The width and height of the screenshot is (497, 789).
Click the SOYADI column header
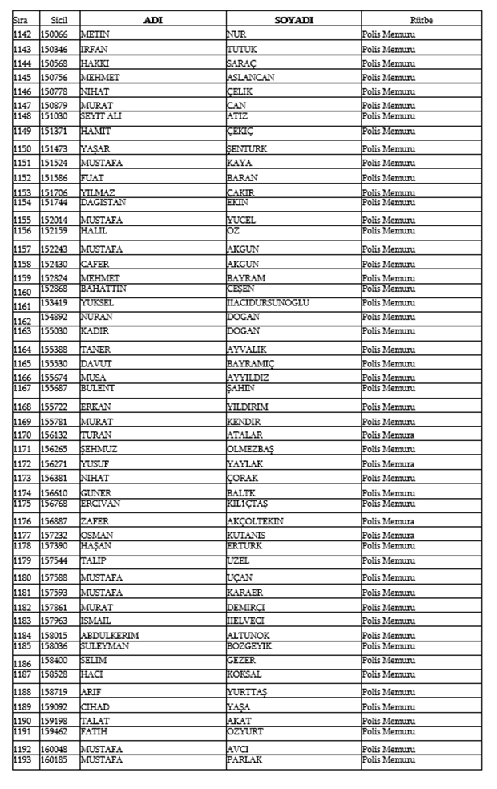click(293, 19)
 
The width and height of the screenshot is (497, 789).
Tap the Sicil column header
click(59, 19)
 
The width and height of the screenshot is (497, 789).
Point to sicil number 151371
click(54, 131)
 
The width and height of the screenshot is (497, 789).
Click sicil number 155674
click(54, 378)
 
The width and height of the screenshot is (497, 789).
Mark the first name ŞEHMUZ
click(99, 449)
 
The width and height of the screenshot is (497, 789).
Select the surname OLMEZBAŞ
click(251, 449)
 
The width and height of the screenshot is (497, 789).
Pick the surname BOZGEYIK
click(249, 645)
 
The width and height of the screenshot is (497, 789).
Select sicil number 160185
click(54, 759)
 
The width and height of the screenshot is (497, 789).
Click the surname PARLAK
click(244, 759)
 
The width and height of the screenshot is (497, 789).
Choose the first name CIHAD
click(95, 707)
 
